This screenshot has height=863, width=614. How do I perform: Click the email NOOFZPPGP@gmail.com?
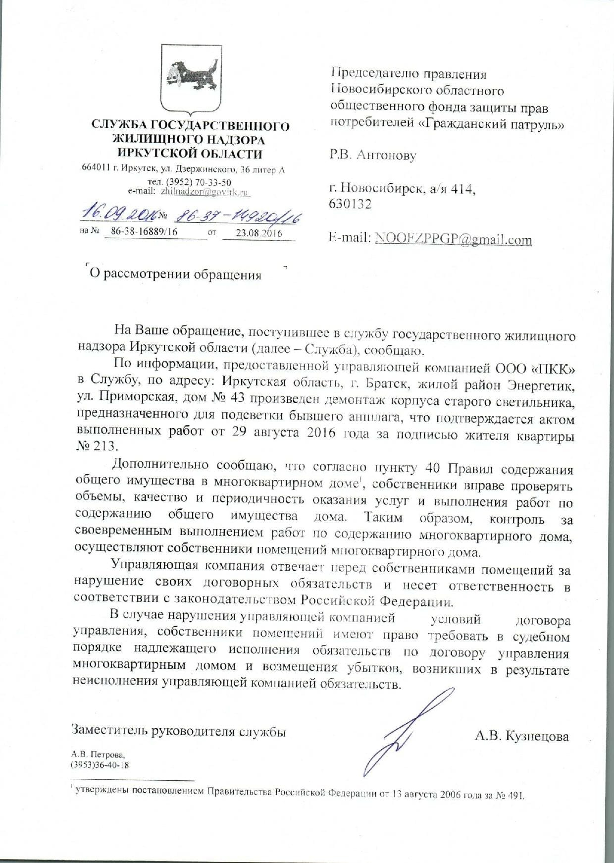pos(453,239)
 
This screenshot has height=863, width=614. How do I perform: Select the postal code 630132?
pos(350,204)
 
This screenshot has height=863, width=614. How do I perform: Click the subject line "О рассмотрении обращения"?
pos(175,274)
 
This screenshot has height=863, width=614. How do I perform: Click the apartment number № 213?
pos(95,446)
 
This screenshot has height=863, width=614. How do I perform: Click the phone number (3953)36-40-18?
pos(100,765)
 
